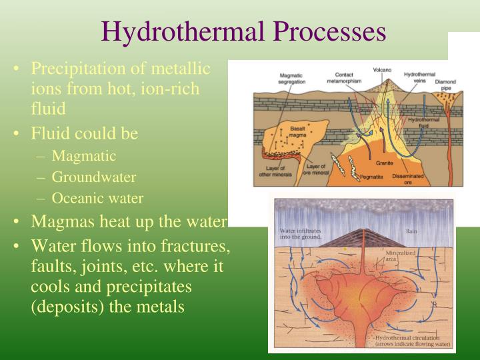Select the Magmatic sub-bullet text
pos(84,156)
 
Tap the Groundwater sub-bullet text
pos(94,177)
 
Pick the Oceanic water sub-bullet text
pos(97,198)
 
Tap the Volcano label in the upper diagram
pos(382,70)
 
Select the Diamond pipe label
pos(445,85)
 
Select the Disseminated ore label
pos(413,177)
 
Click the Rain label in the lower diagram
pos(412,231)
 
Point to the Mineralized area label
pos(401,255)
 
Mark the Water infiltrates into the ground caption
pos(301,234)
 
